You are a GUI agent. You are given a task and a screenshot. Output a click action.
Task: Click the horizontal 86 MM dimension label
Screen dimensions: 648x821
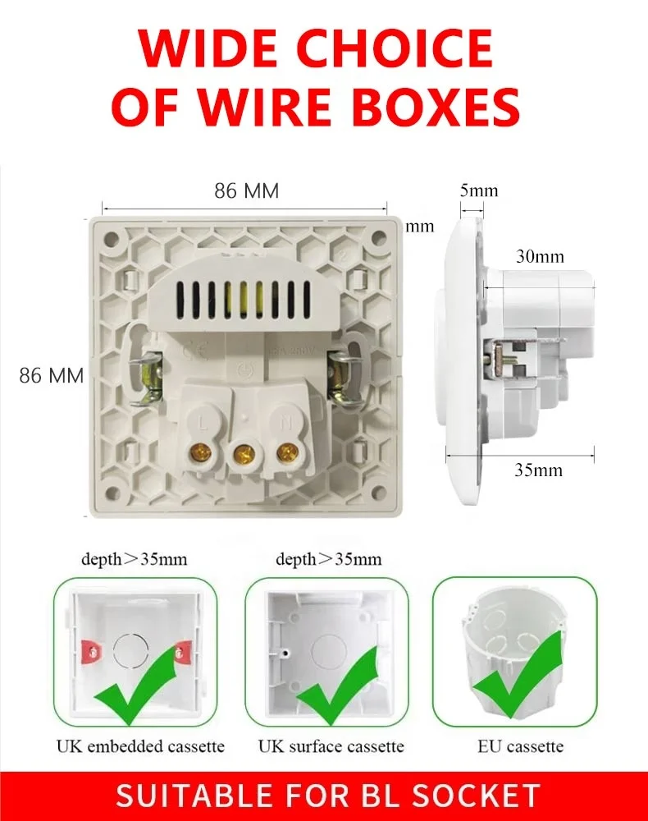point(246,191)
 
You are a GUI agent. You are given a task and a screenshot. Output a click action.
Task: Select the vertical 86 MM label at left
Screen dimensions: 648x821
point(52,376)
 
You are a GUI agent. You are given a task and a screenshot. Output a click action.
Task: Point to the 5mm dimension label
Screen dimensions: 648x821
point(478,190)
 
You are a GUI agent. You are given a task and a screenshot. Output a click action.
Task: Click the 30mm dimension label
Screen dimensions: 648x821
point(540,255)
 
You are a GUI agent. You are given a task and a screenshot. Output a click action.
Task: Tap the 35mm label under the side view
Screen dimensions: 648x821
point(538,470)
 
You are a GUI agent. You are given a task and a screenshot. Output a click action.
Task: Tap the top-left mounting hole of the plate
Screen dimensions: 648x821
point(113,238)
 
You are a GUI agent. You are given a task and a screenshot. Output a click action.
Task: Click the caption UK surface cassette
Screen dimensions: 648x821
point(331,746)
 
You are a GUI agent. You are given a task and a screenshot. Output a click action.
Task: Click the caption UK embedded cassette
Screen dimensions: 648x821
point(140,746)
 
